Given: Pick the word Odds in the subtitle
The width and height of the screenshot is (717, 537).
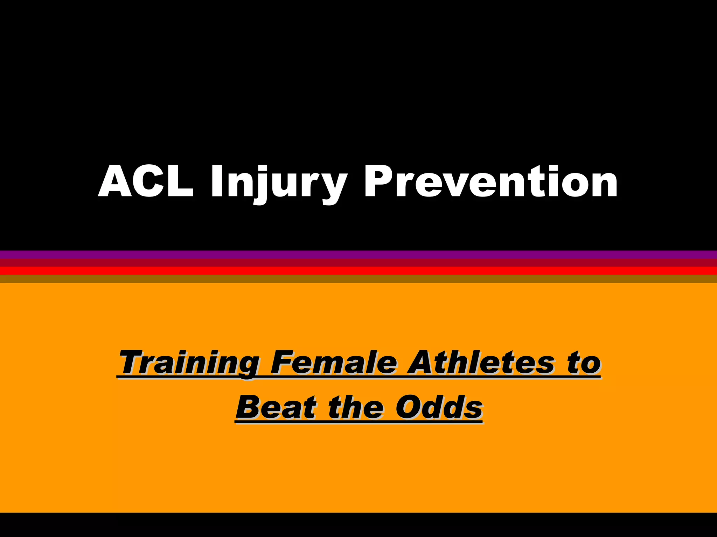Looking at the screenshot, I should point(439,407).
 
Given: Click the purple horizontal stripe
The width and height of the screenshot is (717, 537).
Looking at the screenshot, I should point(358,254).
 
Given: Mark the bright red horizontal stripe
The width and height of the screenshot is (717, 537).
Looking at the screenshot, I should point(358,271).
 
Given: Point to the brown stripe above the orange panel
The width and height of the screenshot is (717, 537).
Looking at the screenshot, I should point(358,279).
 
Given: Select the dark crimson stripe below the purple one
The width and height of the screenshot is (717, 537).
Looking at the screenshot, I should point(358,263).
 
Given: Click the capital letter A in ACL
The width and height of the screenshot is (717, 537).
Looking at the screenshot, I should point(115,182).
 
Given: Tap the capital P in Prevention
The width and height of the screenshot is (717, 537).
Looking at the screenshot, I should point(380,182).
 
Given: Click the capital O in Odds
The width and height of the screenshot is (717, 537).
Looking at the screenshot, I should point(410,407).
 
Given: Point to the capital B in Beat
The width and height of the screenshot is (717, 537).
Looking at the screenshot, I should point(250,407).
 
